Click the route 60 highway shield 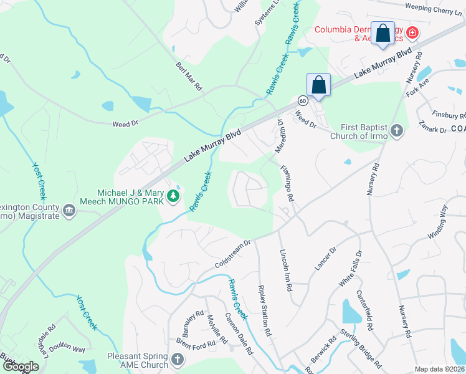coord(302,100)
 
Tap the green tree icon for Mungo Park coord(173,197)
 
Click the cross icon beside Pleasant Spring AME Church coord(178,360)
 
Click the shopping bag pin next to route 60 coord(318,85)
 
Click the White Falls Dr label coord(349,269)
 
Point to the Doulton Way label coord(68,349)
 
